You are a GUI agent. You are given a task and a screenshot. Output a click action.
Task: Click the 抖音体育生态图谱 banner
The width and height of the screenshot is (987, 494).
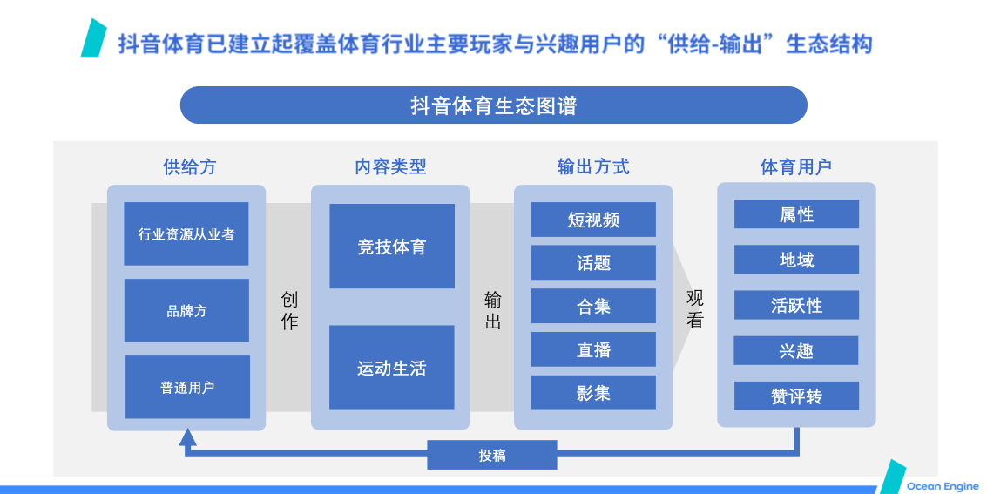[x=493, y=105]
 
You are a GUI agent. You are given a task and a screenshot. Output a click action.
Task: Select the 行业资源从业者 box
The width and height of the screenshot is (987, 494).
[x=186, y=234]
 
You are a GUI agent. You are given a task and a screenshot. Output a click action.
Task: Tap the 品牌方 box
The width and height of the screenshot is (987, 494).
[x=187, y=310]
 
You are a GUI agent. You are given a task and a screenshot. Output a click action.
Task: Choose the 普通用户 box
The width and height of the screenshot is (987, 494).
[x=187, y=387]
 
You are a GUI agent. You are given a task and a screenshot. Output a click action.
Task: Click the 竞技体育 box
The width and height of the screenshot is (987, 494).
[x=392, y=246]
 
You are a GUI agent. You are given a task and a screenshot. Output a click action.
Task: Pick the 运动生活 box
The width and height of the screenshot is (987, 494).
[x=391, y=368]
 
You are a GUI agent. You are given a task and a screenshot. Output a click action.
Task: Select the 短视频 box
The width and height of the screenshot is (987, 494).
[x=593, y=220]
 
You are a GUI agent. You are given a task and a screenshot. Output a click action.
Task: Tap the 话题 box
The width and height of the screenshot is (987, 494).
[x=593, y=262]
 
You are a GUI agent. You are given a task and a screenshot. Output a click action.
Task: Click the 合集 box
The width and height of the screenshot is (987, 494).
[x=593, y=306]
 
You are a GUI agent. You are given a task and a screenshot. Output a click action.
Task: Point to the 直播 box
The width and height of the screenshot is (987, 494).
[x=593, y=349]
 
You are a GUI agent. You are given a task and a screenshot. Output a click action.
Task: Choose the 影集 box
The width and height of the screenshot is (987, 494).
[x=593, y=393]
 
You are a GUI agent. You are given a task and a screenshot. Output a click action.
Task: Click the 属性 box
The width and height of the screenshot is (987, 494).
[x=796, y=214]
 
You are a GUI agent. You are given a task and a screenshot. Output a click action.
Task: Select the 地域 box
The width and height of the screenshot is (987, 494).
[x=796, y=260]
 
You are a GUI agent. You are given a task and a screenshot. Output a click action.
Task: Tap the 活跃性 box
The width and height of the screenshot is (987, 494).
[x=796, y=305]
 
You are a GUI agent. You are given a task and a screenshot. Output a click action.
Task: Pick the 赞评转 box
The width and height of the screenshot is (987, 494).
[x=796, y=396]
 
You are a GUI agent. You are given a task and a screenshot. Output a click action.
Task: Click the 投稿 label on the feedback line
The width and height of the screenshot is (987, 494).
[x=492, y=455]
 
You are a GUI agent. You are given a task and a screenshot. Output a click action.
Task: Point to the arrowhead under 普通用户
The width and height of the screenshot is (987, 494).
[x=187, y=436]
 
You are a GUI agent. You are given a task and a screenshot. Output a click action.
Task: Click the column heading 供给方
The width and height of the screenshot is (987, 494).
[x=189, y=166]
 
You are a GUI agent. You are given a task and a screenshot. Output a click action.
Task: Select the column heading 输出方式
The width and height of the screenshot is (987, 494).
[x=593, y=166]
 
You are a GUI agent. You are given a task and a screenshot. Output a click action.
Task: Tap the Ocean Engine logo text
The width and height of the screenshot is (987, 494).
[x=943, y=486]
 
